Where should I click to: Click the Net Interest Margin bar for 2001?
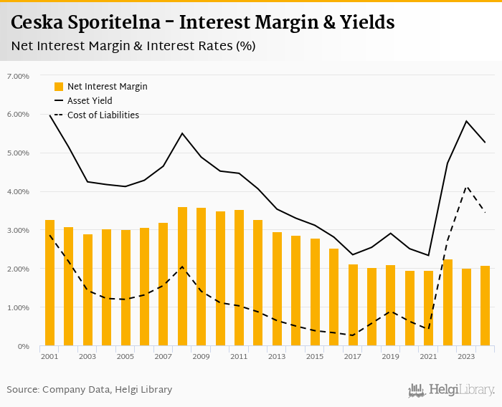[49, 283]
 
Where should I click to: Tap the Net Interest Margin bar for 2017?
[353, 305]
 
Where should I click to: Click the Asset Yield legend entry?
[90, 101]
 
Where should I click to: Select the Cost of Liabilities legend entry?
[103, 115]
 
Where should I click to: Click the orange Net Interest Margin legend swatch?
[60, 87]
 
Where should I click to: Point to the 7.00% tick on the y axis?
[18, 76]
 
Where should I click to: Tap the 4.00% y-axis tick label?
[18, 192]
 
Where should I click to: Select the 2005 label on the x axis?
[125, 356]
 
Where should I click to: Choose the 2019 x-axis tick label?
[390, 356]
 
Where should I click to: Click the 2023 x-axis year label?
[466, 356]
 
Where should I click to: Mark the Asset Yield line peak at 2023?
[466, 121]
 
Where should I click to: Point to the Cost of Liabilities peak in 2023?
[466, 186]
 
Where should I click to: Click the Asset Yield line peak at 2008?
[182, 133]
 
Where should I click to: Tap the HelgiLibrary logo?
[451, 390]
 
